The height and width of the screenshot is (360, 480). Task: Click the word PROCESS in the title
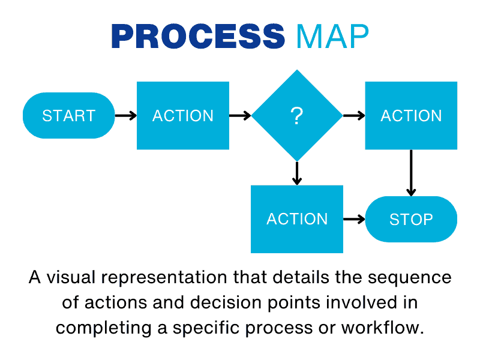point(198,37)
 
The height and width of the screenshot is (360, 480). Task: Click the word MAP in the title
point(332,37)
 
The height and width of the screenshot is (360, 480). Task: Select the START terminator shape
point(68,116)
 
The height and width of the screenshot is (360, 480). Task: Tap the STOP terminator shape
point(411,219)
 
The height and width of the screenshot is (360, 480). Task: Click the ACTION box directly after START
point(183,116)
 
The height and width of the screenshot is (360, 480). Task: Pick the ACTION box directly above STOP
point(411,116)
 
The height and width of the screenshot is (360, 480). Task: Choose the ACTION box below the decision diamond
point(297,219)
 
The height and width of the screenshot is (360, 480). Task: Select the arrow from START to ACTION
point(125,116)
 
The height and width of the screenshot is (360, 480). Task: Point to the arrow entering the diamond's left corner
point(240,116)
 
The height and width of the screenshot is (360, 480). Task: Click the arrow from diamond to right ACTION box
point(354,116)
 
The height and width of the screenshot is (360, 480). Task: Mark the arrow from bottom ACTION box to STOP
point(354,219)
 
